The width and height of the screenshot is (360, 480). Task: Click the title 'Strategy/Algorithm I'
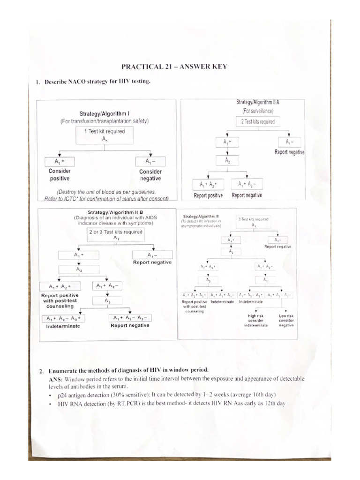[104, 113]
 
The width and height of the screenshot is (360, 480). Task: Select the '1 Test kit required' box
[105, 135]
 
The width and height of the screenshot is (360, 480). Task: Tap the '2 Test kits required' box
[258, 122]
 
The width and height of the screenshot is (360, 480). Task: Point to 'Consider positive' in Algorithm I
[60, 175]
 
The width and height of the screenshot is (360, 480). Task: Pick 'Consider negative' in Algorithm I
[150, 175]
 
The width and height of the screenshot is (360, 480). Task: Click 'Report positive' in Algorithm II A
[208, 195]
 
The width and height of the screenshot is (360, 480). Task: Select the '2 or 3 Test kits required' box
[116, 234]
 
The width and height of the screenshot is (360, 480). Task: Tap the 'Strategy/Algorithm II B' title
[116, 212]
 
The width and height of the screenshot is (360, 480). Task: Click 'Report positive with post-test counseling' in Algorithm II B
[60, 301]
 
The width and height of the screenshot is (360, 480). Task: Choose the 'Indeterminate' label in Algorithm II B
[63, 326]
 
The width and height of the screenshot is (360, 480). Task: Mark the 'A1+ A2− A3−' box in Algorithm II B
[130, 318]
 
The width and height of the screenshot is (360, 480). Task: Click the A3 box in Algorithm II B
[108, 301]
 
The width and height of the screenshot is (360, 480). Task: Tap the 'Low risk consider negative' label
[285, 321]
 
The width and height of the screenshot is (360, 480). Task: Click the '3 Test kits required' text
[254, 219]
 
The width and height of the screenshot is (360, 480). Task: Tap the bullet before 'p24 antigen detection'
[49, 395]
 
